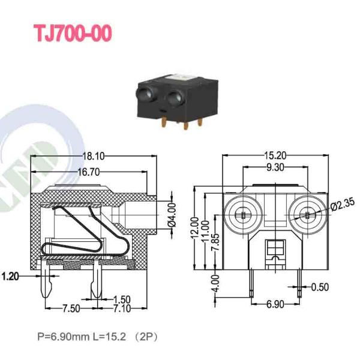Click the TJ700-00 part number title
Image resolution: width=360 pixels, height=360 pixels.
[73, 33]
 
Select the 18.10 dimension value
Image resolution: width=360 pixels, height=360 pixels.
[94, 157]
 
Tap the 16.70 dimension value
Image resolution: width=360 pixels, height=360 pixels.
[89, 172]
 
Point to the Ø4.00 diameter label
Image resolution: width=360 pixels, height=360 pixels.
[172, 215]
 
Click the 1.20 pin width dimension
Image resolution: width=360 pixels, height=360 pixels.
[10, 276]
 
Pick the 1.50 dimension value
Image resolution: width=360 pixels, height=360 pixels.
[122, 299]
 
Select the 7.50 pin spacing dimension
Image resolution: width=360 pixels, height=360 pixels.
[71, 308]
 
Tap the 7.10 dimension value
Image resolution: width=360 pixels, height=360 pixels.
[122, 308]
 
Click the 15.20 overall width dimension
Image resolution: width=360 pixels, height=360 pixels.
[275, 156]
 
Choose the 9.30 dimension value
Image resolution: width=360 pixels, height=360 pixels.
[275, 167]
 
